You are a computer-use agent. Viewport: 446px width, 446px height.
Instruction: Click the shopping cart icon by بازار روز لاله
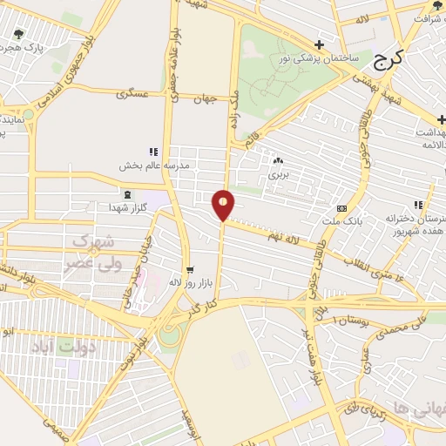(189, 269)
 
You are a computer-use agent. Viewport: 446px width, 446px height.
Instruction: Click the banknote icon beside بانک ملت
(341, 209)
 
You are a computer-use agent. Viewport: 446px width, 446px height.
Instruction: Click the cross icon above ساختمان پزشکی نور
(320, 44)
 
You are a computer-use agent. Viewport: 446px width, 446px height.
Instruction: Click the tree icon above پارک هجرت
(18, 35)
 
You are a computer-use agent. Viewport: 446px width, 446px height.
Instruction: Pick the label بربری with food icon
(278, 174)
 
